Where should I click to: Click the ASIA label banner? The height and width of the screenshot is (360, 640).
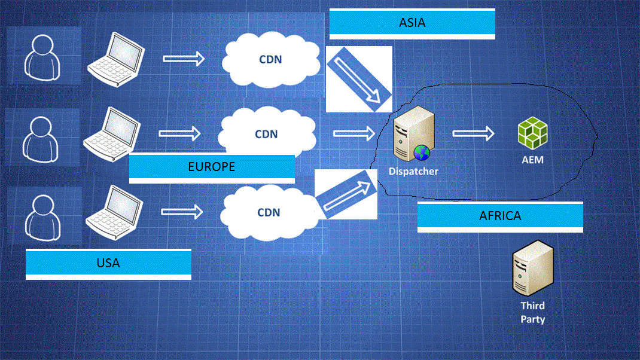(412, 24)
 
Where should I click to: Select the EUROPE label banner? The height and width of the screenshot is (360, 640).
(212, 167)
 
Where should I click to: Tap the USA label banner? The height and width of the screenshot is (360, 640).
(108, 263)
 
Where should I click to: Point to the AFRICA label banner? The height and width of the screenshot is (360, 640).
(500, 216)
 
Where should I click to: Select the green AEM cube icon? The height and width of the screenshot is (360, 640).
(532, 132)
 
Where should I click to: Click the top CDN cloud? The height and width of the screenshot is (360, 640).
(270, 60)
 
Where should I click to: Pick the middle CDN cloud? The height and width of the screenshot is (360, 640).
(266, 134)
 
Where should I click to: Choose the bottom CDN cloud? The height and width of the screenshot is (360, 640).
(269, 212)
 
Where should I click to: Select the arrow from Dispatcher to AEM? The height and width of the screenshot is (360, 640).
(473, 133)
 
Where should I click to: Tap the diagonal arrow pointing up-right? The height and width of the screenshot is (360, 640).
(346, 194)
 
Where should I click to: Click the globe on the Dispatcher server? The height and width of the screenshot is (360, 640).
(422, 153)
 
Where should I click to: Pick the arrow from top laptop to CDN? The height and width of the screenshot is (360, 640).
(184, 59)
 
